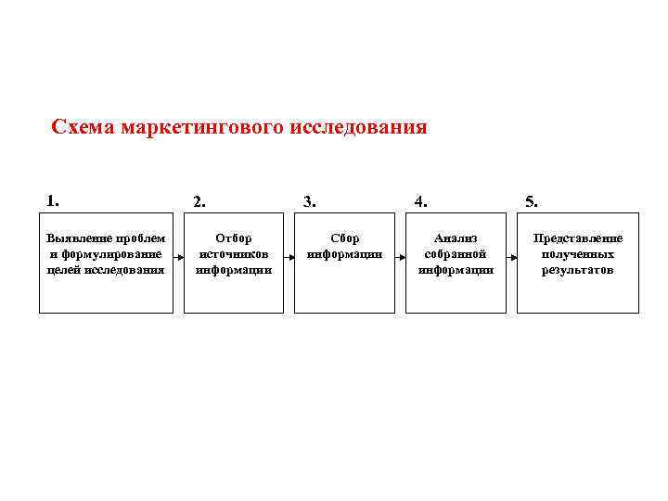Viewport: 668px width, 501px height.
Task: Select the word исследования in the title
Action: pyautogui.click(x=360, y=127)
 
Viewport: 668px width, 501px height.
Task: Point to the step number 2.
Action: pyautogui.click(x=199, y=200)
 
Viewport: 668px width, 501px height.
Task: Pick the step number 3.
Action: pyautogui.click(x=310, y=200)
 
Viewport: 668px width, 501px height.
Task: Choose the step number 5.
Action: pyautogui.click(x=531, y=200)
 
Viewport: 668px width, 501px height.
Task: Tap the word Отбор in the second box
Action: pyautogui.click(x=233, y=239)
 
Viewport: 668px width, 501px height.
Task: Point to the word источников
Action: pyautogui.click(x=233, y=254)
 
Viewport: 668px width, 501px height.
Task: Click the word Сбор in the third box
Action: pyautogui.click(x=344, y=239)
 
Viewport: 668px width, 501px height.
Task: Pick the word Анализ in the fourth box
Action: pyautogui.click(x=456, y=239)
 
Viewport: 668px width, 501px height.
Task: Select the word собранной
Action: pyautogui.click(x=456, y=254)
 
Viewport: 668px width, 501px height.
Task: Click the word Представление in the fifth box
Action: pyautogui.click(x=578, y=239)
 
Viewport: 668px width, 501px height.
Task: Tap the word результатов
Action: pyautogui.click(x=578, y=270)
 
